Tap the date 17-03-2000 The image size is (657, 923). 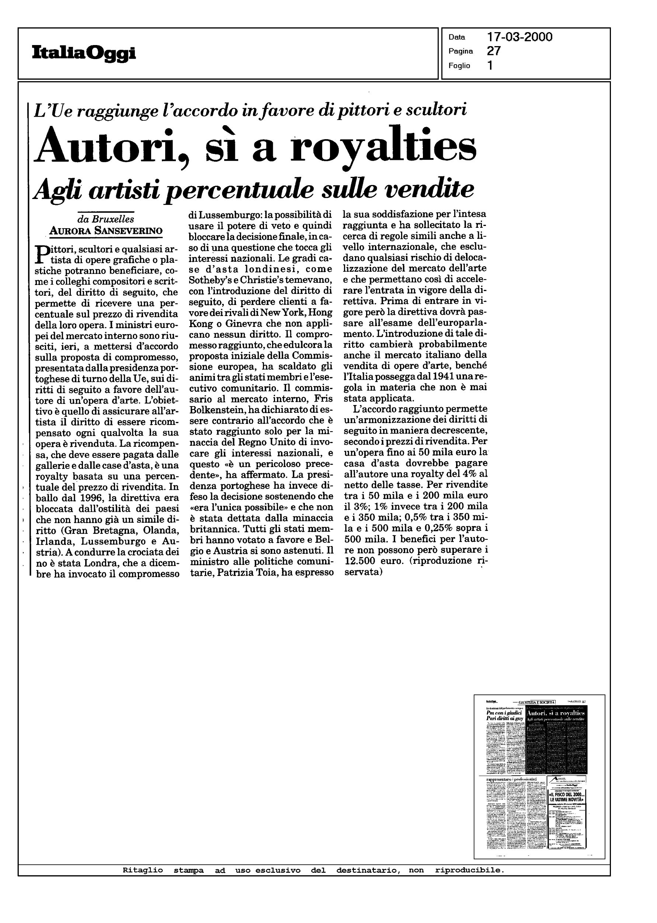(x=520, y=37)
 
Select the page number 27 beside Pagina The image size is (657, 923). (x=494, y=51)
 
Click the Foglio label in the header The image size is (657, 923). (x=459, y=66)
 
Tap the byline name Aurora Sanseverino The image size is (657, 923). (x=105, y=231)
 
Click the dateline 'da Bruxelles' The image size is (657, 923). (x=105, y=219)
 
